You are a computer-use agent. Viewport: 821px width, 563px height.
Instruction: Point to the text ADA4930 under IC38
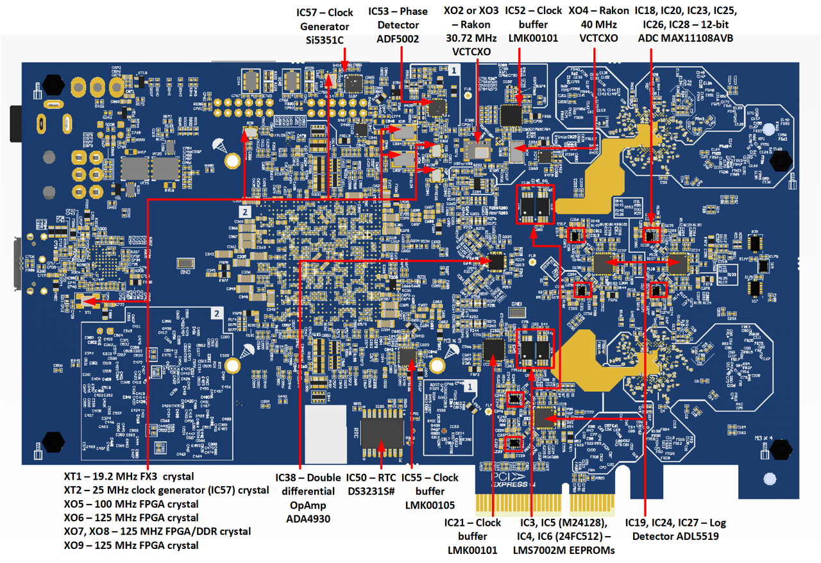pyautogui.click(x=308, y=519)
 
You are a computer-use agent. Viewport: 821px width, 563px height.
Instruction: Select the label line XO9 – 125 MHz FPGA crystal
pyautogui.click(x=131, y=545)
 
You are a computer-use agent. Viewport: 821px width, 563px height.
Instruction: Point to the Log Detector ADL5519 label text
pyautogui.click(x=679, y=536)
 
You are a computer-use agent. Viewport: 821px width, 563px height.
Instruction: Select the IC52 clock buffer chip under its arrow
pyautogui.click(x=512, y=115)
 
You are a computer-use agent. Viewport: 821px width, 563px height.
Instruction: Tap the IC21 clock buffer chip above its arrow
pyautogui.click(x=494, y=349)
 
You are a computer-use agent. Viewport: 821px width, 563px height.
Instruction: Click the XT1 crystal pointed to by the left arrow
pyautogui.click(x=84, y=300)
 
